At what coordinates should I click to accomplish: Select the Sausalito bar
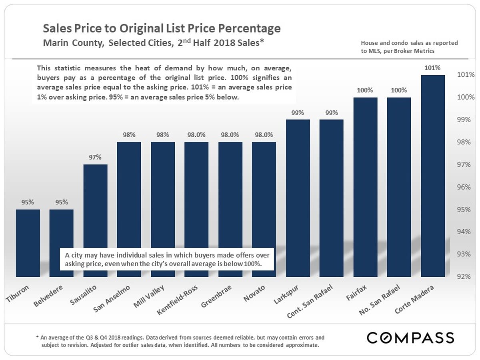pyautogui.click(x=95, y=220)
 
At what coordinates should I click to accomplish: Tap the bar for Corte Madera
pyautogui.click(x=433, y=176)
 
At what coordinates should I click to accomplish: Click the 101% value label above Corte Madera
pyautogui.click(x=433, y=68)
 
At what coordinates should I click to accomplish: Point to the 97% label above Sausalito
pyautogui.click(x=95, y=157)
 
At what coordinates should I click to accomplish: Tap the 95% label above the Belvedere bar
pyautogui.click(x=62, y=202)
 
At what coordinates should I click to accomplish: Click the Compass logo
pyautogui.click(x=410, y=338)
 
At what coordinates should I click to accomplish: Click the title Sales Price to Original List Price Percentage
pyautogui.click(x=162, y=29)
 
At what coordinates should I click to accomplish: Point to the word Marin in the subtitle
pyautogui.click(x=54, y=42)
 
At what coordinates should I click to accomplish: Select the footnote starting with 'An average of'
pyautogui.click(x=180, y=341)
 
